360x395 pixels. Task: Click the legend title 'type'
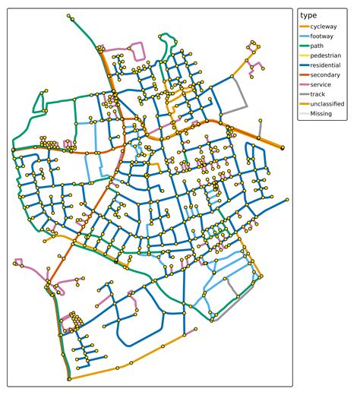(309, 15)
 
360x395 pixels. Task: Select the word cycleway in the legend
(326, 26)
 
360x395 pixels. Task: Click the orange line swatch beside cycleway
(306, 26)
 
